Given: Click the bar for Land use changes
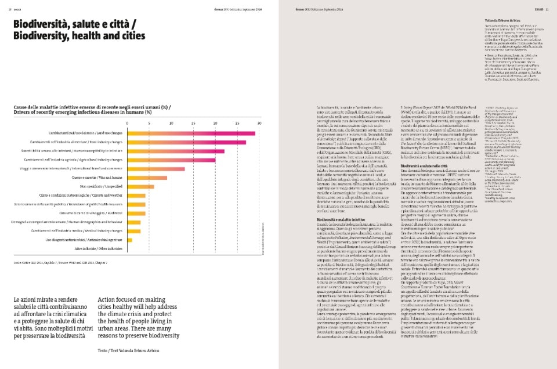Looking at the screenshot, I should pyautogui.click(x=191, y=133).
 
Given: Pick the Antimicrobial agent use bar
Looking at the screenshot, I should pyautogui.click(x=129, y=240).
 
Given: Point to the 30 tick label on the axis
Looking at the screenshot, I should pyautogui.click(x=259, y=123).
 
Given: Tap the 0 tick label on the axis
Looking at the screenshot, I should pyautogui.click(x=127, y=123).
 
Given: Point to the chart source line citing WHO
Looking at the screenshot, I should pyautogui.click(x=64, y=263).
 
